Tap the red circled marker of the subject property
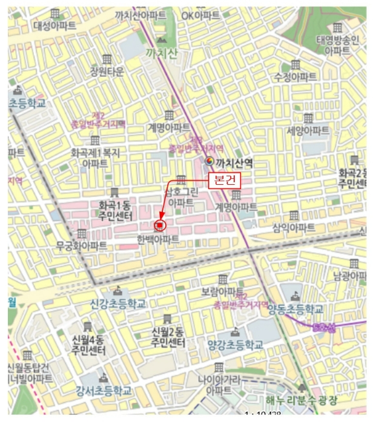pos(160,225)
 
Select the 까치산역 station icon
pos(210,162)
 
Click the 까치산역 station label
pos(234,162)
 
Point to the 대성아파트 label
pos(54,25)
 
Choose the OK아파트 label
pos(201,15)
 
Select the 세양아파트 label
pos(308,130)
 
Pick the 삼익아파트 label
pos(294,228)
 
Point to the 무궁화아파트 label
pos(82,245)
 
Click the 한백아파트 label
pos(159,239)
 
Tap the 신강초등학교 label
pos(118,303)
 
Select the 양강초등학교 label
pos(236,345)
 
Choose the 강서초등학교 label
pos(104,391)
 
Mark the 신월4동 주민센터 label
pos(88,345)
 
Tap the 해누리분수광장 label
pos(302,400)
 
